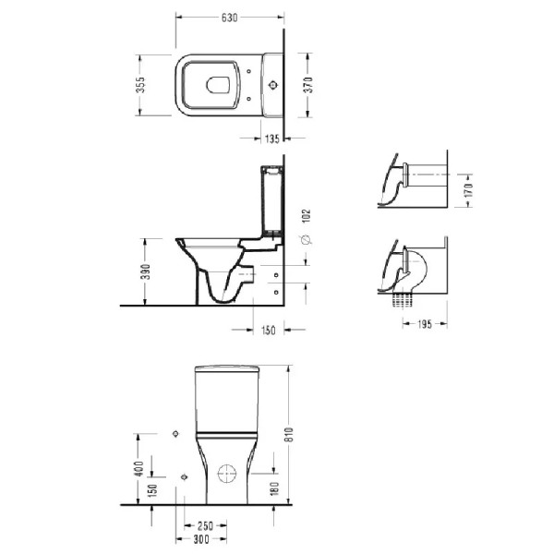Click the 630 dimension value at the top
[230, 18]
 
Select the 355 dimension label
[140, 85]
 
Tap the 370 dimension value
[308, 85]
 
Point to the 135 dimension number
[272, 138]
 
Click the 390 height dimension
[146, 271]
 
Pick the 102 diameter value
[306, 216]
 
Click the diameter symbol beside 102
[306, 240]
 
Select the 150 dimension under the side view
[268, 331]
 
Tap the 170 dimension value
[468, 190]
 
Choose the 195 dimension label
[425, 324]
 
